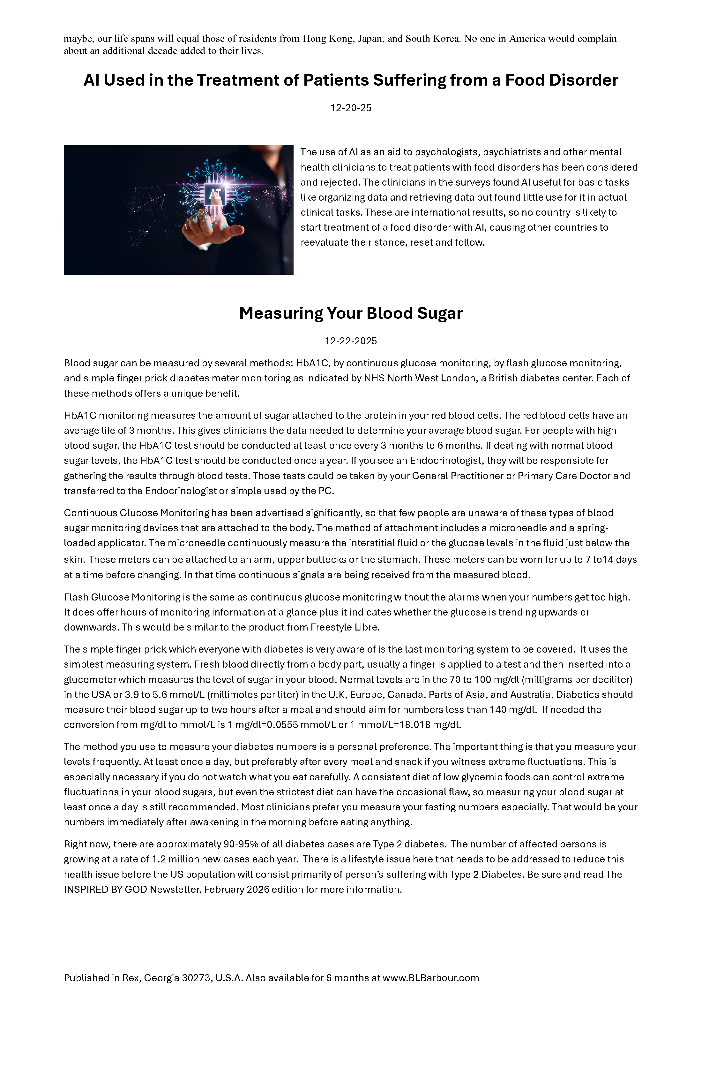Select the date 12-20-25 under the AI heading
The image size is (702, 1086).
pos(351,108)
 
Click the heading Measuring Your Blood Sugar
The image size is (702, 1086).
pos(351,313)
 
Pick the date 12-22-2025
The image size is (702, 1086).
pos(351,341)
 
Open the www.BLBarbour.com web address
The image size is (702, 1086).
pos(430,978)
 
